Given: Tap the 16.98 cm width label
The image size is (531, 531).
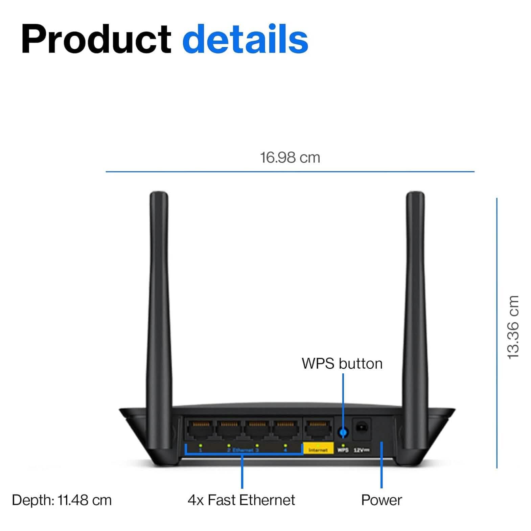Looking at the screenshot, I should click(290, 158).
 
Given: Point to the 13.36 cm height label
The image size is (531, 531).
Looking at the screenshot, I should click(513, 327).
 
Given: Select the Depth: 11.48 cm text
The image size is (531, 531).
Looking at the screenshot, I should click(62, 500).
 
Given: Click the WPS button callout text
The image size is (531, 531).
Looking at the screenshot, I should click(342, 364).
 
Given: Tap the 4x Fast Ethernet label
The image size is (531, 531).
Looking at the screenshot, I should click(241, 500).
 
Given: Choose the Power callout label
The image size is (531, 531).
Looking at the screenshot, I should click(382, 500).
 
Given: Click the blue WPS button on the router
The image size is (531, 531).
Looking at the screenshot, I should click(343, 432).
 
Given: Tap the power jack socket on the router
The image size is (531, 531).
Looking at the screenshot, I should click(362, 428).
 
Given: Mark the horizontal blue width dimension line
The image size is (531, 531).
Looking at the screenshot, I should click(290, 171).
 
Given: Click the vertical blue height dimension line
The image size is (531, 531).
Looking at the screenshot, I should click(497, 333).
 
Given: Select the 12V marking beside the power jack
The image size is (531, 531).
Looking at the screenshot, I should click(361, 450).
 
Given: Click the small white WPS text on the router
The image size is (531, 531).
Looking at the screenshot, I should click(343, 450).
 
